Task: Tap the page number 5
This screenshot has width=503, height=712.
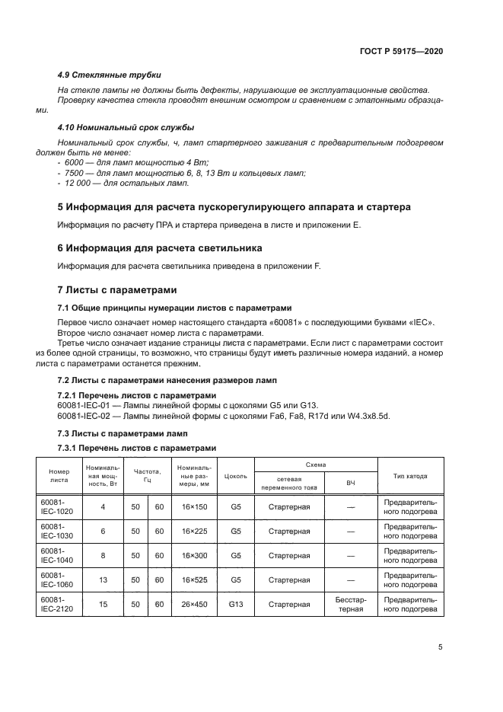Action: coord(441,647)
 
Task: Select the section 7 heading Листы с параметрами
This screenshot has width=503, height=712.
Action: coord(117,289)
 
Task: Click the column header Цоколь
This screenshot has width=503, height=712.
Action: coord(236,476)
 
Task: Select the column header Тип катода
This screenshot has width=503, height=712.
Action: coord(409,476)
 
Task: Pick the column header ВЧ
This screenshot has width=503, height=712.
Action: coord(351,484)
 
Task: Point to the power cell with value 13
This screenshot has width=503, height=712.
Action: coord(103,580)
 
